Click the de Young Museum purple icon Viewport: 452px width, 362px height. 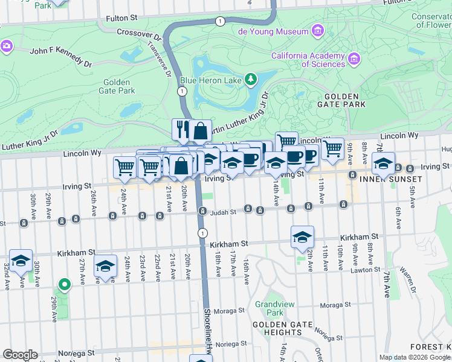coord(317,31)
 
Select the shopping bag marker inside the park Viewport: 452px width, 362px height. coord(200,130)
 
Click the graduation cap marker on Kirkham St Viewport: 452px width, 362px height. coord(302,237)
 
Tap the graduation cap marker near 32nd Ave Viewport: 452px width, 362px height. coord(21,261)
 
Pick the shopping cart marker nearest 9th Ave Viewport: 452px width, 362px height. coord(332,148)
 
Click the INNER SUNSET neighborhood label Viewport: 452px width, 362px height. coord(390,180)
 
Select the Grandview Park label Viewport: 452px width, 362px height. coord(269,309)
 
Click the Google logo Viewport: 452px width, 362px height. coord(20,355)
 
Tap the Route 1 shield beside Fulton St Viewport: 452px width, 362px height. coord(219,21)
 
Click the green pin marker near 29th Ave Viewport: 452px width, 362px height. coord(64,284)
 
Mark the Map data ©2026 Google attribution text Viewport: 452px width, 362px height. coord(415,357)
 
